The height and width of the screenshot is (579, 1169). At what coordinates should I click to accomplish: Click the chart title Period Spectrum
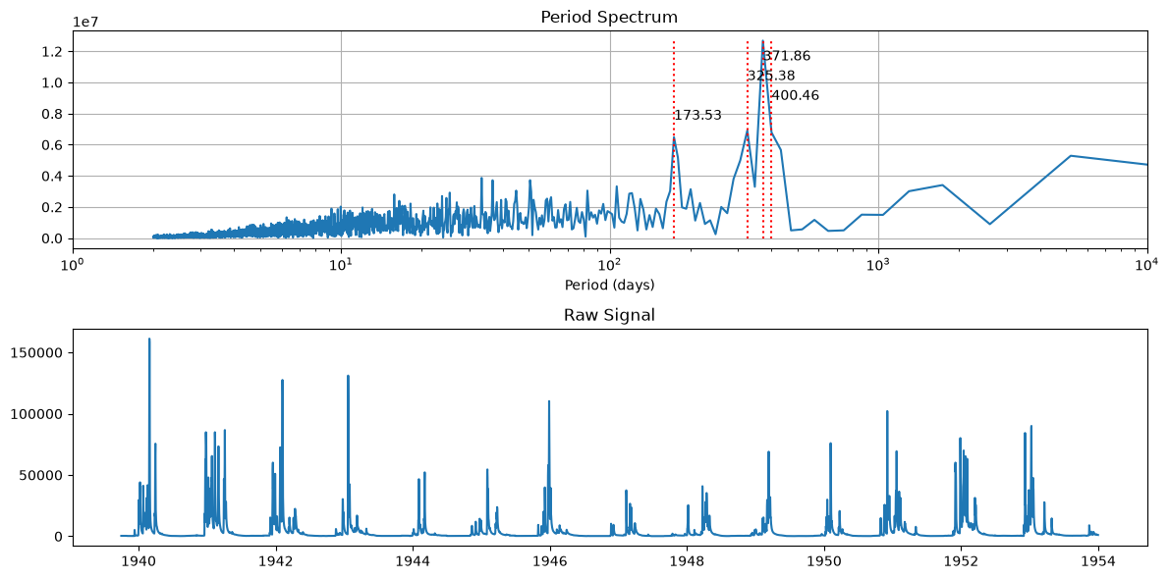click(x=609, y=17)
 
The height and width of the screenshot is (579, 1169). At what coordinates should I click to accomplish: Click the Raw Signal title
click(x=609, y=315)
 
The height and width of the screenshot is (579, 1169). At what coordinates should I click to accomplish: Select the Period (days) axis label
click(x=609, y=285)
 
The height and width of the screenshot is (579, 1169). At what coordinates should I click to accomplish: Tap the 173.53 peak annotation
click(x=697, y=115)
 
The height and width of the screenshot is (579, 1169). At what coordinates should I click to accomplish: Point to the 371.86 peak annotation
click(x=787, y=56)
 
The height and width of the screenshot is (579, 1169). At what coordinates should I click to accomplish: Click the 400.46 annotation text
click(x=796, y=95)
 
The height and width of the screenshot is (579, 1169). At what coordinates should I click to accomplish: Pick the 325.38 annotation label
click(x=771, y=76)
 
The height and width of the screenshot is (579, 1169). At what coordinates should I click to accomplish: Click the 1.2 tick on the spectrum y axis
click(x=53, y=51)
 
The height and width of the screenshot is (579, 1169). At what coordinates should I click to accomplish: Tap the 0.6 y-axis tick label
click(x=53, y=145)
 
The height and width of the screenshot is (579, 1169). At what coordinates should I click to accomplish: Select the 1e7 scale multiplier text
click(x=86, y=21)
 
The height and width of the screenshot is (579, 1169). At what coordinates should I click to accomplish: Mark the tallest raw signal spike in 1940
click(x=149, y=340)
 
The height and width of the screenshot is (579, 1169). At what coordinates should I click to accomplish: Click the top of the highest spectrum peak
click(x=762, y=42)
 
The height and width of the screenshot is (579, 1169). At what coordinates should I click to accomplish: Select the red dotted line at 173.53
click(x=674, y=140)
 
